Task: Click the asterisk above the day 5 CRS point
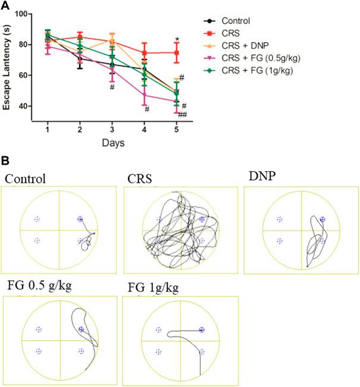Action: click(x=177, y=40)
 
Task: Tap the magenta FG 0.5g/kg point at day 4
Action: click(x=144, y=94)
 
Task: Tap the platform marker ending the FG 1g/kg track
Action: click(x=201, y=329)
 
